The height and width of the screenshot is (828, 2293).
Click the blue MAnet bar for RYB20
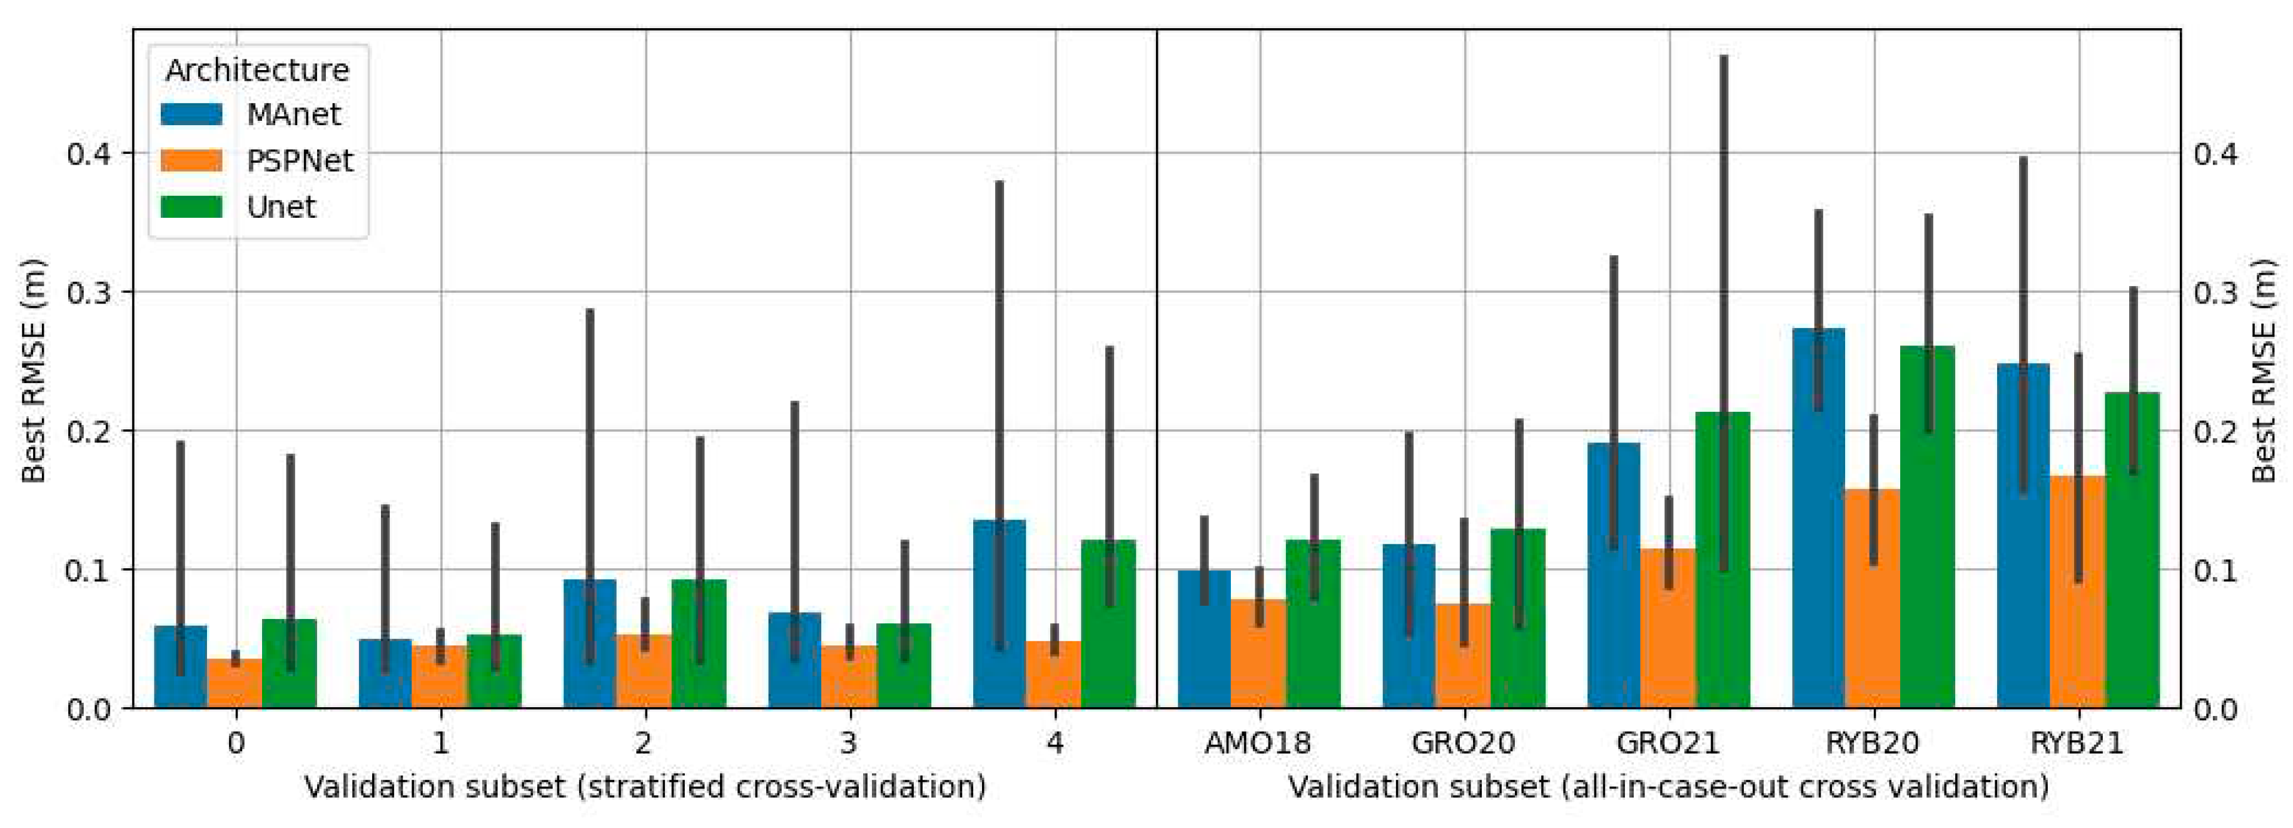pyautogui.click(x=1818, y=534)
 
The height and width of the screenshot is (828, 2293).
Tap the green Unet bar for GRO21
pyautogui.click(x=1723, y=570)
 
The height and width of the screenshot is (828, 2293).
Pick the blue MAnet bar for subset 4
pyautogui.click(x=999, y=623)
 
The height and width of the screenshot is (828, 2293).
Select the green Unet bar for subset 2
pyautogui.click(x=699, y=650)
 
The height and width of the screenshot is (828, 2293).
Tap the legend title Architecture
pyautogui.click(x=257, y=69)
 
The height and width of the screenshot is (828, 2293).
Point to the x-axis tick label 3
pyautogui.click(x=849, y=742)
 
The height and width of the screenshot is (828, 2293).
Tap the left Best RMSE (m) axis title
pyautogui.click(x=33, y=369)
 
